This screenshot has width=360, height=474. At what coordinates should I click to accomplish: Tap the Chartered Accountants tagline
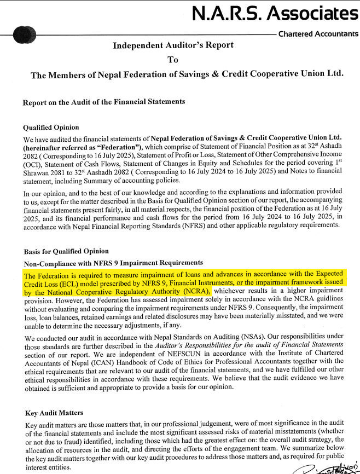[x=318, y=34]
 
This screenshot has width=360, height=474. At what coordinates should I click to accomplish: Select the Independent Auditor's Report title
[x=173, y=45]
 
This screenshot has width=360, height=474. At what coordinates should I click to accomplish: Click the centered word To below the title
[x=173, y=59]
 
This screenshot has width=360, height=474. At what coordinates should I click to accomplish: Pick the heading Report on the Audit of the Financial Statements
[x=104, y=102]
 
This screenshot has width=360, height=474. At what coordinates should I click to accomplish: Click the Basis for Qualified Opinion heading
[x=66, y=251]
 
